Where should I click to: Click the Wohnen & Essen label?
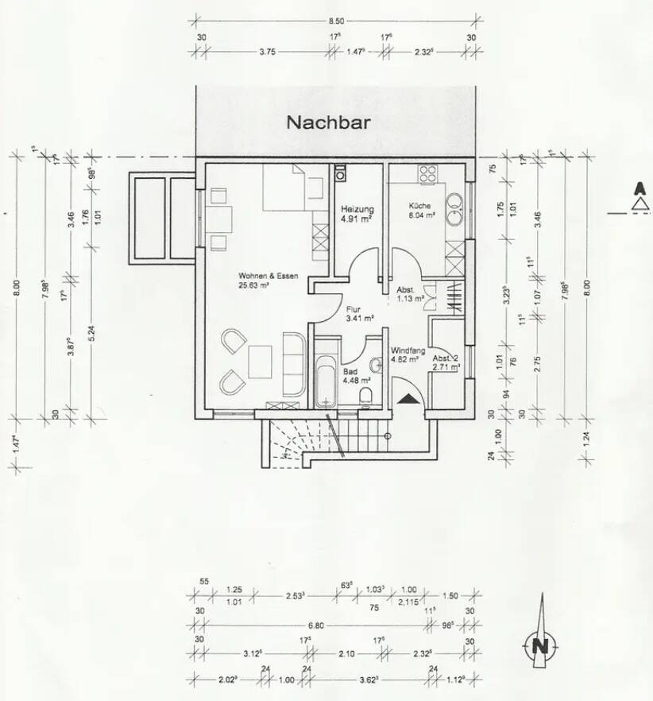click(x=268, y=276)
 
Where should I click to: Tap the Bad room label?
click(x=350, y=370)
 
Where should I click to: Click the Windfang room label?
click(x=408, y=350)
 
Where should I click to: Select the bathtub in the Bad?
click(x=325, y=383)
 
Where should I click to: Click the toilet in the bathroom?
click(x=365, y=395)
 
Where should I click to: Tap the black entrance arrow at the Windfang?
click(x=408, y=397)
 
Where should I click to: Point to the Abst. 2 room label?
click(x=445, y=358)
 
